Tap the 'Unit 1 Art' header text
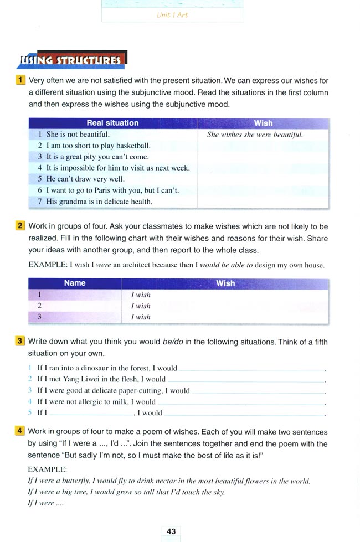click(x=172, y=15)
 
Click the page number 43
click(x=171, y=531)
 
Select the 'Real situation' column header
click(x=113, y=123)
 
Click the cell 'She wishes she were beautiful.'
click(x=255, y=135)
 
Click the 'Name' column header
click(x=75, y=283)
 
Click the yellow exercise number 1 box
click(x=20, y=80)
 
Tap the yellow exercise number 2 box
click(x=20, y=226)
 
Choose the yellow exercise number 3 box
click(x=20, y=340)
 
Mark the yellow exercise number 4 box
click(x=20, y=431)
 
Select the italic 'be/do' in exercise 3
click(x=168, y=342)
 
